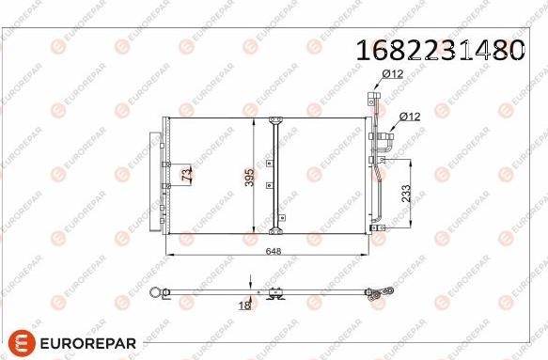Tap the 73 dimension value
pos(186,174)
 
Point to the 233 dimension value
pos(405,192)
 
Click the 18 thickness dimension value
pos(244,305)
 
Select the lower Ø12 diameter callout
pos(410,117)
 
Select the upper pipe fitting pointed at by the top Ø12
pos(372,96)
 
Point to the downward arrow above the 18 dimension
pos(251,281)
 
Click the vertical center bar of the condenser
pos(274,176)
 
